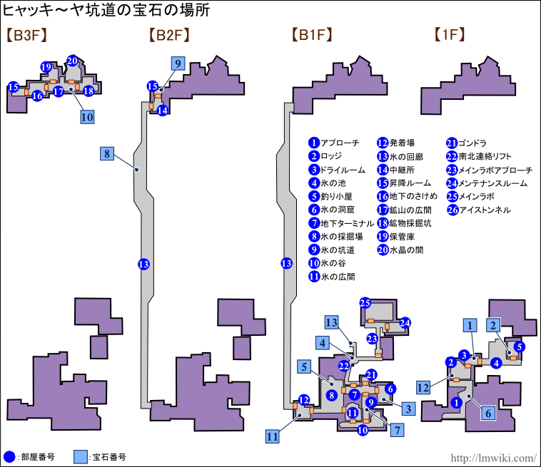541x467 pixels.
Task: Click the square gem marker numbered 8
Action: point(107,153)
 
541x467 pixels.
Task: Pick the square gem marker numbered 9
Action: point(177,63)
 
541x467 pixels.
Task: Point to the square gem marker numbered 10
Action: point(87,117)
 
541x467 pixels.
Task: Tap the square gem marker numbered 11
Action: point(272,436)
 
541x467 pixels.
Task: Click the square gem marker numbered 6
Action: point(488,411)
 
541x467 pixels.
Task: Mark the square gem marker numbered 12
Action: point(423,387)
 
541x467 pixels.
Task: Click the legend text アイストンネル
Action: point(485,210)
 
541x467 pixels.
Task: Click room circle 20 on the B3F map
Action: point(72,61)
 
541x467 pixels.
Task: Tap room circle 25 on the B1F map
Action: point(365,302)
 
